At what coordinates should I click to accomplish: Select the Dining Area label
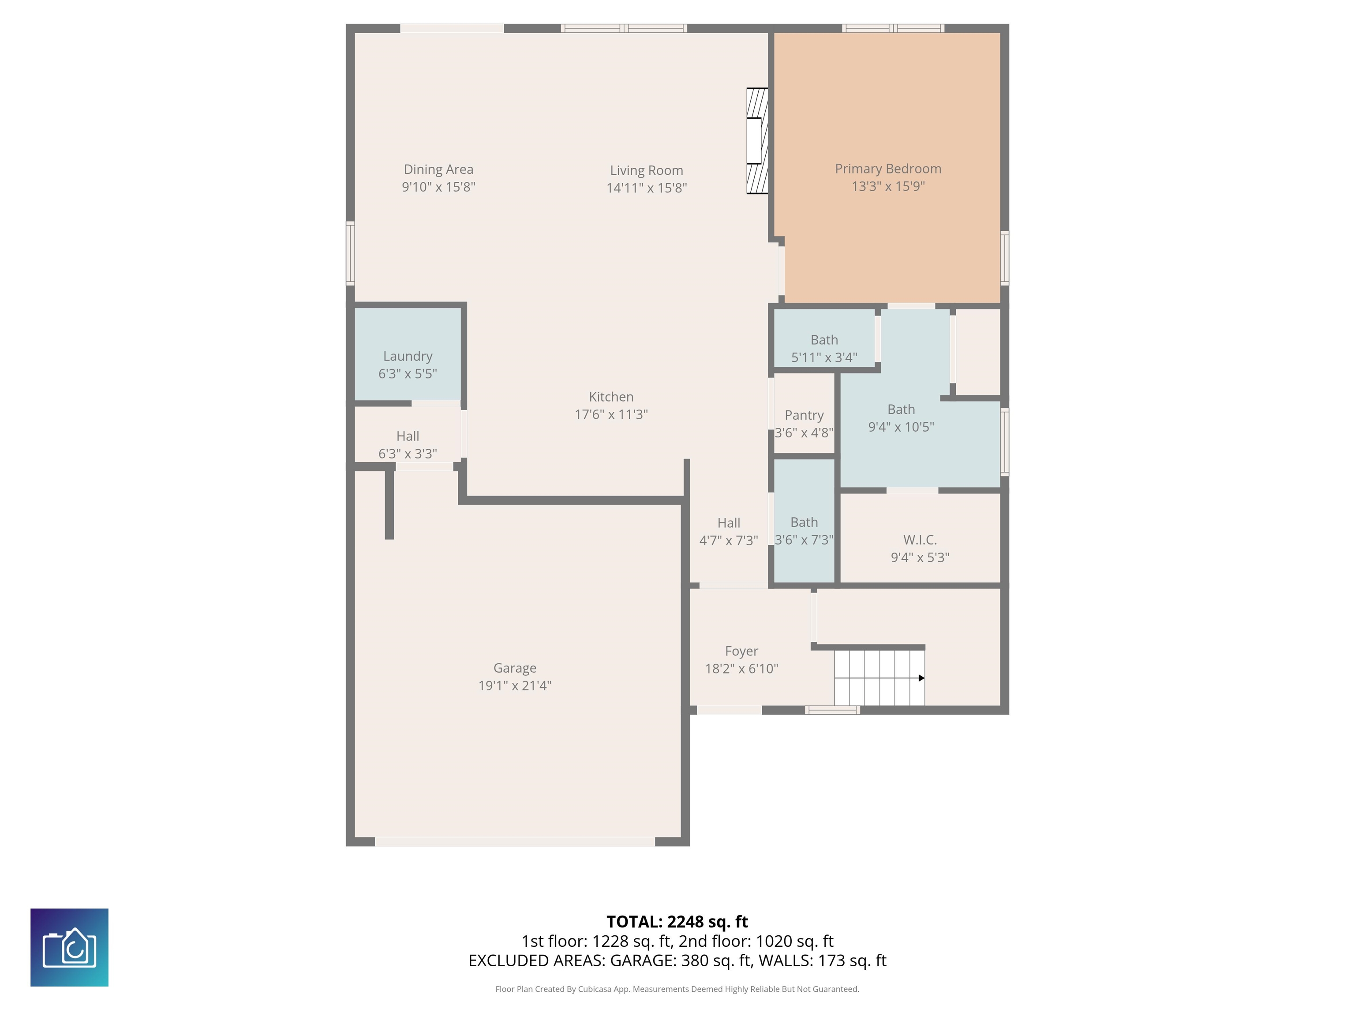[x=438, y=169]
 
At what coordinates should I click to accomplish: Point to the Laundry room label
[x=408, y=356]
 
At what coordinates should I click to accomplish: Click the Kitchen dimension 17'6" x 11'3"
[x=611, y=414]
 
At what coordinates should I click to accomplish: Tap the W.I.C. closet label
[x=920, y=539]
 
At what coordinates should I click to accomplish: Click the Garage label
[x=515, y=668]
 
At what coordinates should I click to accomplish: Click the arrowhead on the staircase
[x=921, y=678]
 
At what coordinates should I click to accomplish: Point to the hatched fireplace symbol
[x=757, y=141]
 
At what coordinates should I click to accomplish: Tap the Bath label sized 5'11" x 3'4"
[x=824, y=339]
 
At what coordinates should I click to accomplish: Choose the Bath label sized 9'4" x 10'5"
[x=901, y=410]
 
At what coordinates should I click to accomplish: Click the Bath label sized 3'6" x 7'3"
[x=804, y=522]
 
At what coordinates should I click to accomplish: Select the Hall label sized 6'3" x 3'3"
[x=408, y=436]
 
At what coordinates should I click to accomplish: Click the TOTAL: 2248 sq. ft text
[x=677, y=922]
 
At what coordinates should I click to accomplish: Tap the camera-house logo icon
[x=69, y=947]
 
